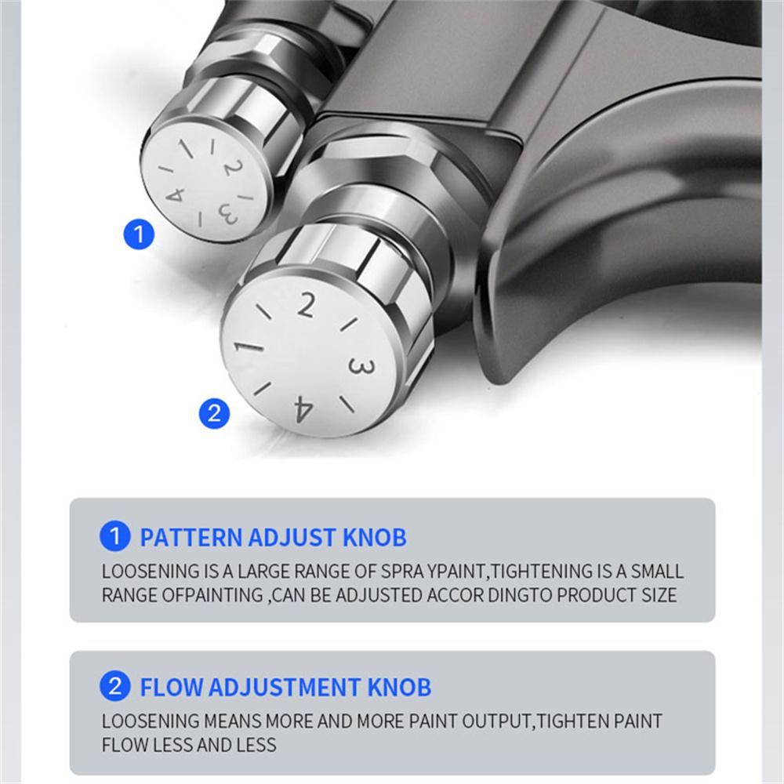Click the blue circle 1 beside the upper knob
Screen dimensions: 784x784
click(139, 234)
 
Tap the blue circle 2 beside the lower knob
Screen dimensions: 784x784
click(214, 413)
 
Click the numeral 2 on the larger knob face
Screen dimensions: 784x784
click(306, 305)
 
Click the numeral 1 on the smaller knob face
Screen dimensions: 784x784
click(187, 147)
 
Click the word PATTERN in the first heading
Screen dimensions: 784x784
click(191, 538)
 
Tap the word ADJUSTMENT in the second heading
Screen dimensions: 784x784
click(285, 687)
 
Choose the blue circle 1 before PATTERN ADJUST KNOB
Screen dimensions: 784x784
click(115, 536)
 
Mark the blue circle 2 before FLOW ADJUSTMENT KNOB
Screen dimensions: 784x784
click(115, 686)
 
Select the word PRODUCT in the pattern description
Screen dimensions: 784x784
click(597, 595)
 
